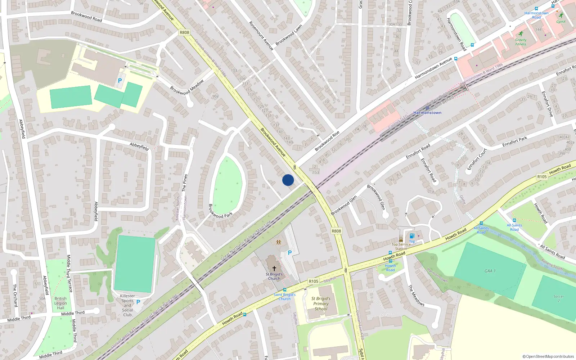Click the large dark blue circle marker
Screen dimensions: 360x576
click(x=288, y=180)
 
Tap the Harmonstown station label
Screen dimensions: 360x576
click(x=427, y=113)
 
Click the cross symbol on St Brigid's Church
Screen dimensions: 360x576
click(x=274, y=269)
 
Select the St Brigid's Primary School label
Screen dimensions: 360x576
click(x=321, y=303)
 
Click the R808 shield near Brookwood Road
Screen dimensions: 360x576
click(x=184, y=32)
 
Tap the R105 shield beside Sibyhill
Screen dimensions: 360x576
click(x=313, y=281)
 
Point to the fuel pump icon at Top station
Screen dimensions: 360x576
click(x=412, y=236)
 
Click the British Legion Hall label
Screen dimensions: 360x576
click(x=60, y=303)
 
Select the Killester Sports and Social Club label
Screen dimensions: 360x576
click(x=127, y=305)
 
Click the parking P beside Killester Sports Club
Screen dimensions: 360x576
click(x=138, y=302)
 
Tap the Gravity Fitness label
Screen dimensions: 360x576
click(x=521, y=42)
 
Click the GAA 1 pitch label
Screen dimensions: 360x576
click(x=490, y=271)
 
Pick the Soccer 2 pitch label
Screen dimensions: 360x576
click(x=558, y=298)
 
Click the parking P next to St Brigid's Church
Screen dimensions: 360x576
click(x=290, y=253)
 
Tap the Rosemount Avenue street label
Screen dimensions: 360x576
click(x=261, y=36)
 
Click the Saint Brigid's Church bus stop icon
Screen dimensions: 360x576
click(x=285, y=290)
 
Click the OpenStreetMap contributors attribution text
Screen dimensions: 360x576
click(x=548, y=356)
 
